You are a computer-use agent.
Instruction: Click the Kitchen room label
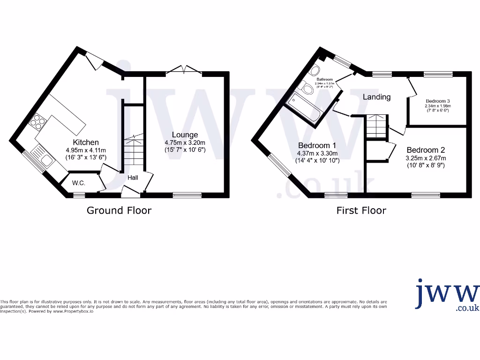click(86, 142)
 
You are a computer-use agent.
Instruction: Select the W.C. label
click(79, 183)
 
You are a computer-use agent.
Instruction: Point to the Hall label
click(133, 178)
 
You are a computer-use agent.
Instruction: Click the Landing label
click(377, 97)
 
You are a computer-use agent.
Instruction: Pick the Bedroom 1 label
click(317, 145)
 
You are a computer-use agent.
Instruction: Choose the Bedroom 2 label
click(425, 150)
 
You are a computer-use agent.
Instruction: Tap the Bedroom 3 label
click(438, 101)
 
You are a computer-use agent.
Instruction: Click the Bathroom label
click(324, 80)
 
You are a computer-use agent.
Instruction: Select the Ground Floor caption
click(119, 210)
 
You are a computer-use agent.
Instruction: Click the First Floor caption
click(361, 210)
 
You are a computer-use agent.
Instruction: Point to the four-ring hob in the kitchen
click(37, 123)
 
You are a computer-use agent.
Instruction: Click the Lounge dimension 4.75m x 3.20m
click(185, 143)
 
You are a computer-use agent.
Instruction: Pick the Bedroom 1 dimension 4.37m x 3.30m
click(317, 153)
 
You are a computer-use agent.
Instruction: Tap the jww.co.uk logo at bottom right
click(447, 296)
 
